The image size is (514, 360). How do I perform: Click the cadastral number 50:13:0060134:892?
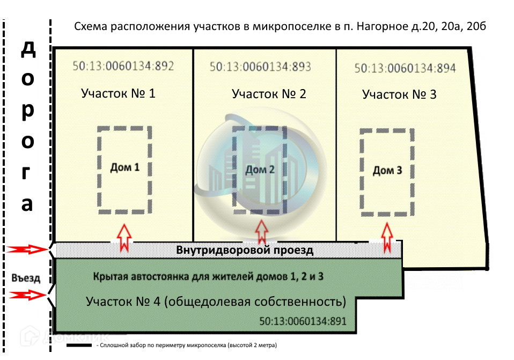click(123, 66)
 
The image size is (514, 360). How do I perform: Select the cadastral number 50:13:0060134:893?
click(260, 67)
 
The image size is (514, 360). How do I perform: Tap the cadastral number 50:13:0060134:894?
click(405, 68)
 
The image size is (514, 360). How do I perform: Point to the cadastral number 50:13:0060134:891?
click(303, 321)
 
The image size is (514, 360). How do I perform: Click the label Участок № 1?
click(118, 93)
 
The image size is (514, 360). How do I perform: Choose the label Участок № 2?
click(269, 94)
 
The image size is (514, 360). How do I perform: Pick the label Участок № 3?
click(399, 95)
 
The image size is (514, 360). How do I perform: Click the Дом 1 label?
click(125, 167)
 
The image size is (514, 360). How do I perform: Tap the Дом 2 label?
click(260, 170)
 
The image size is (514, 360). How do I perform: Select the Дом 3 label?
click(387, 171)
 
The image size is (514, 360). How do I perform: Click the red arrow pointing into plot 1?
click(124, 238)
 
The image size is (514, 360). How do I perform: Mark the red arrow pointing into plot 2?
click(261, 232)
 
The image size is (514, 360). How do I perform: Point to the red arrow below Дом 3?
click(387, 238)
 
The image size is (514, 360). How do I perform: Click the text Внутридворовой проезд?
click(245, 250)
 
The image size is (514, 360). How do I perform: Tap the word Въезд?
click(26, 278)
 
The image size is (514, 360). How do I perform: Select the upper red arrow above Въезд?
click(27, 249)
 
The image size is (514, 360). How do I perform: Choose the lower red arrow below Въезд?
click(27, 295)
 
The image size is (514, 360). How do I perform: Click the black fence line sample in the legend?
click(79, 346)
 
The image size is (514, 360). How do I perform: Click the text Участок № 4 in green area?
click(123, 302)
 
